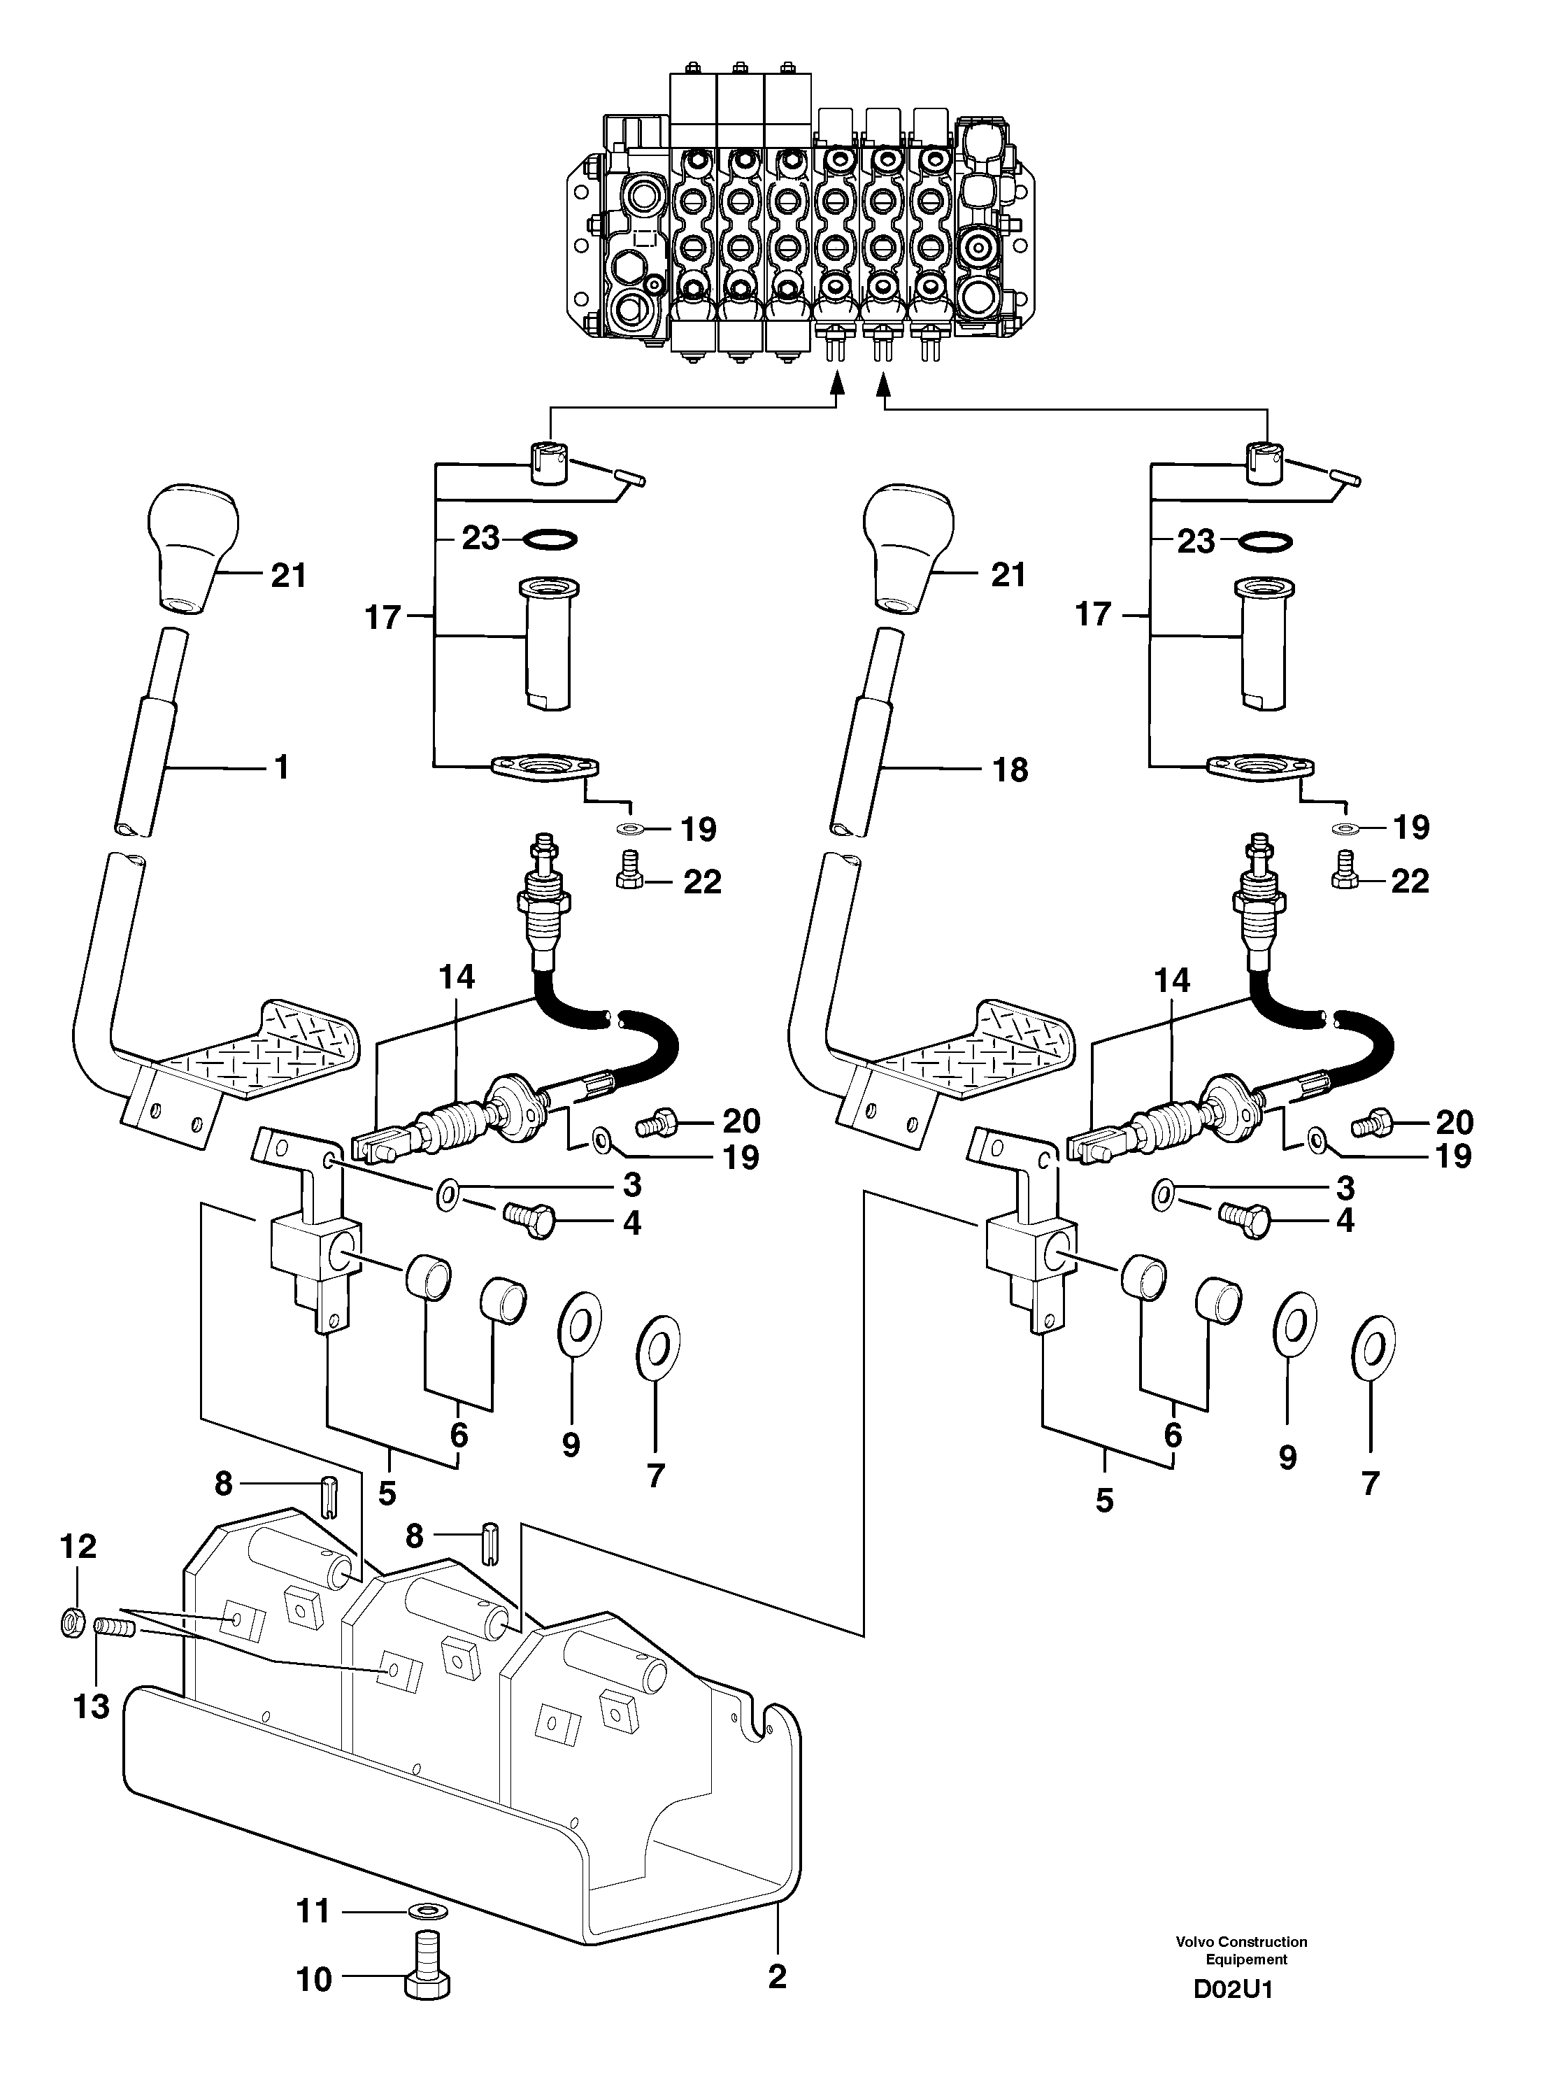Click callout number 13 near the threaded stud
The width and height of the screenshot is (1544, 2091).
click(92, 1707)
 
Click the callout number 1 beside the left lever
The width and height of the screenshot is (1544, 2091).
click(281, 767)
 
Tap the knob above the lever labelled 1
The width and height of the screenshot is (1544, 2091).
click(194, 548)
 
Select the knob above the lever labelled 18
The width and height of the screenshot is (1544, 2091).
click(908, 548)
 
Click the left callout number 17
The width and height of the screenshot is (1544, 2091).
click(383, 617)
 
